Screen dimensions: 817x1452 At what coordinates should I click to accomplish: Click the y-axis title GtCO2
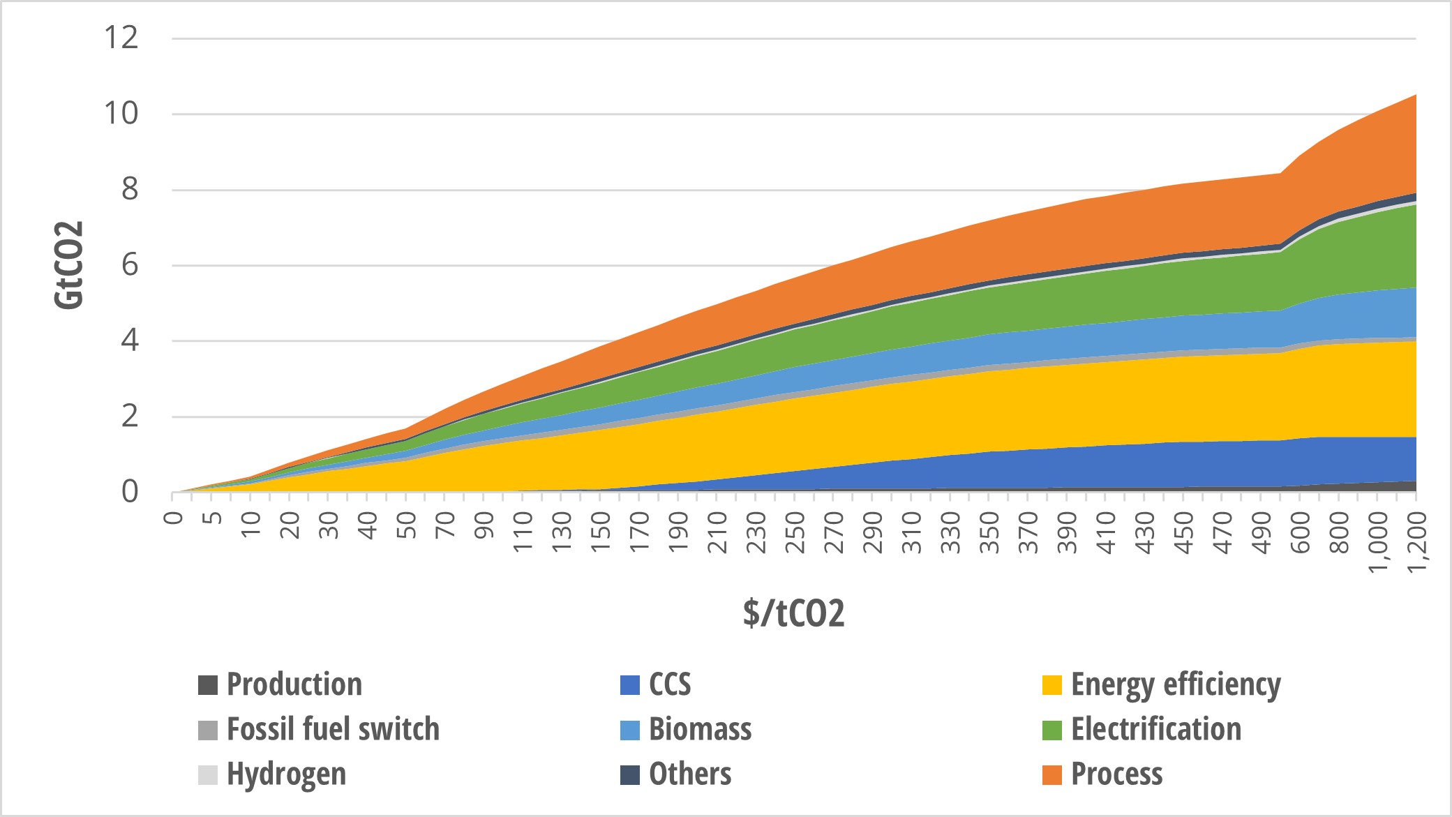click(68, 264)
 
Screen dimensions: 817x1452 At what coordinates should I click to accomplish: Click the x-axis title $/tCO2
click(793, 613)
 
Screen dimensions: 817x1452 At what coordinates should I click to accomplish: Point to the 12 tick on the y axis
click(121, 38)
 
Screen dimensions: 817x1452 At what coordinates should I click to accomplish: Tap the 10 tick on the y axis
click(121, 113)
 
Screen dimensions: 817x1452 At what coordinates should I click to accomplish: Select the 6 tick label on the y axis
click(130, 265)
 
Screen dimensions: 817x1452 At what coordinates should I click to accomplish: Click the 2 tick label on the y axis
click(130, 417)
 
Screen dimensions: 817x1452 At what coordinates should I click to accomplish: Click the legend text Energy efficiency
click(1176, 684)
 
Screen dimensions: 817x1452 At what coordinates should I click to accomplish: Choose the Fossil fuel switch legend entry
click(333, 729)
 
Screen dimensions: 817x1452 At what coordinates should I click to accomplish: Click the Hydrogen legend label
click(286, 774)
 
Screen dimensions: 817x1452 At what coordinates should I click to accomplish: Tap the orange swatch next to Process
click(1051, 774)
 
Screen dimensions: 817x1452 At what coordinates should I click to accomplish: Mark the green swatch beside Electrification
click(1051, 730)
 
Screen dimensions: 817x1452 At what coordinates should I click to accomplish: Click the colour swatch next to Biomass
click(629, 730)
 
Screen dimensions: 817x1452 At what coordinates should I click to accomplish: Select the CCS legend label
click(669, 684)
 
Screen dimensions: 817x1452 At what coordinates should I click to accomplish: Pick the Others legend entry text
click(689, 774)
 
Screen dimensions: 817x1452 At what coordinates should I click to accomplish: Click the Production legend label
click(294, 684)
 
